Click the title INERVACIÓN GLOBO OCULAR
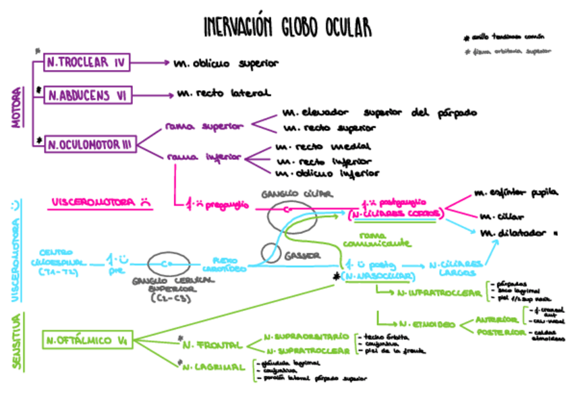[x=287, y=28]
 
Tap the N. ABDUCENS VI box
[x=88, y=95]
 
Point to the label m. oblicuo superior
[x=226, y=63]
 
